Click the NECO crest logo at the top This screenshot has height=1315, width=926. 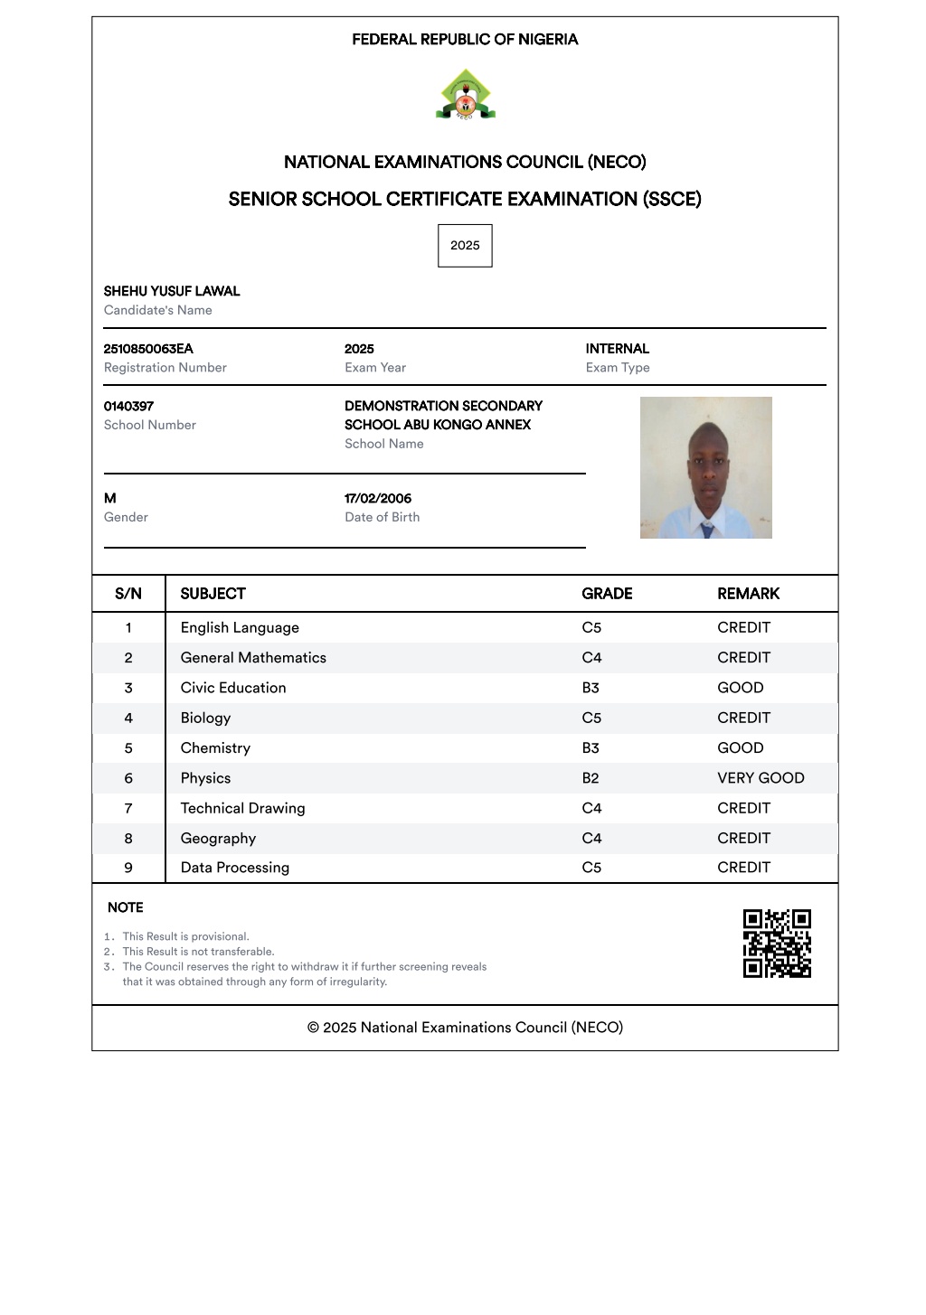[x=465, y=95]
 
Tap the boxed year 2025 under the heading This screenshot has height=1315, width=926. [x=465, y=246]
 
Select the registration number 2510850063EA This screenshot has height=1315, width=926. [x=148, y=349]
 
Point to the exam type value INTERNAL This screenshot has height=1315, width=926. [x=617, y=349]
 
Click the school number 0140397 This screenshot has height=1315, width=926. [x=128, y=406]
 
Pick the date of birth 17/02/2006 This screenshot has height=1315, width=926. [x=378, y=498]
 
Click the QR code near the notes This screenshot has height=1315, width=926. [x=777, y=944]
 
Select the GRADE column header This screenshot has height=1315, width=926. [x=607, y=594]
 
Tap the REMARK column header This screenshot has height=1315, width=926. [x=748, y=594]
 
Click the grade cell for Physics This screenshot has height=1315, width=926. [x=591, y=778]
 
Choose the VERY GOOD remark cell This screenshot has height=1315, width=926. [x=761, y=778]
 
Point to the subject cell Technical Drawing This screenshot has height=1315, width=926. [x=242, y=808]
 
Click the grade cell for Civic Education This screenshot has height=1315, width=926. [x=591, y=688]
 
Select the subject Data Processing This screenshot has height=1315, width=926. [x=235, y=868]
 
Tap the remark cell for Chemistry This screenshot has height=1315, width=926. [x=741, y=748]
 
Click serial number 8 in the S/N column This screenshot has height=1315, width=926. [x=128, y=839]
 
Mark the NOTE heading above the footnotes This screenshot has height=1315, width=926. [x=126, y=907]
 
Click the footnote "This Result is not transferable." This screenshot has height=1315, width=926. [x=198, y=952]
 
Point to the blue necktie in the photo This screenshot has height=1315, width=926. [x=707, y=530]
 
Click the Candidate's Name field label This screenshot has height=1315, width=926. [x=158, y=310]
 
